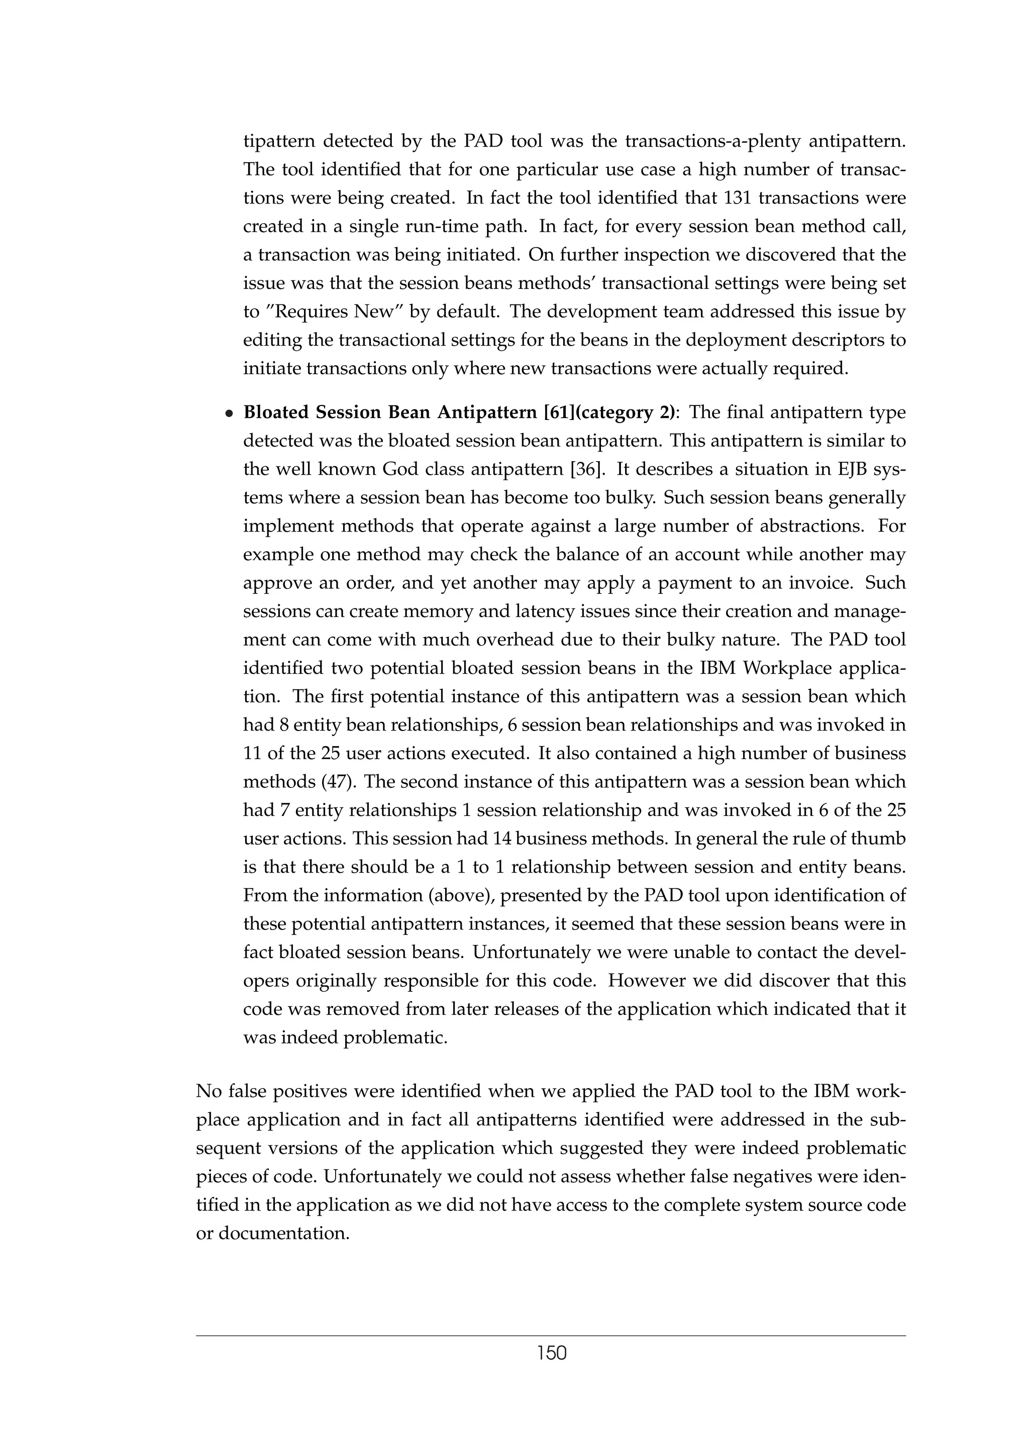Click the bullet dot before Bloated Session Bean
[x=230, y=413]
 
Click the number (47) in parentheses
[x=340, y=782]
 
